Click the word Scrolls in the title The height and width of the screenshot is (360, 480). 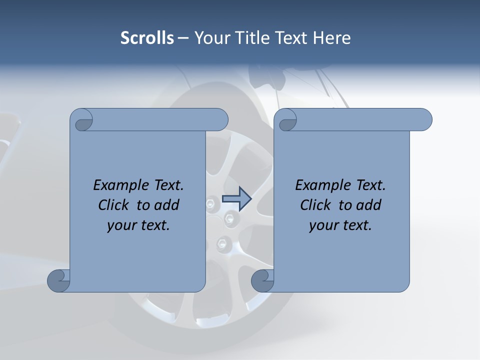click(x=147, y=38)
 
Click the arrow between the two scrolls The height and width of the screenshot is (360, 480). click(x=236, y=199)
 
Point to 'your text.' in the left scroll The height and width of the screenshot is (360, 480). click(x=138, y=225)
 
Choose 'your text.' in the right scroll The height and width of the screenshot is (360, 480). click(x=340, y=225)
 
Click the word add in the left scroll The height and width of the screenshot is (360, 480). click(x=167, y=205)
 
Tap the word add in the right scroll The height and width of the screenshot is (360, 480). click(x=369, y=205)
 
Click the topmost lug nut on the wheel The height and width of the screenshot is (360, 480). click(x=211, y=203)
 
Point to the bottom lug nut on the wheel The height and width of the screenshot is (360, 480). click(x=221, y=244)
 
